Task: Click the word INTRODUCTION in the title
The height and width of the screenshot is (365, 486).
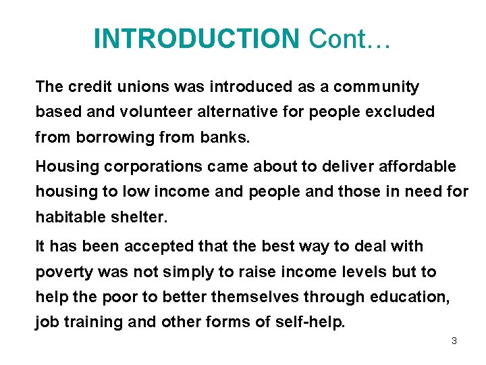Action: pos(196,39)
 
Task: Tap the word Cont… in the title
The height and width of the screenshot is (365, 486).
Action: pos(350,39)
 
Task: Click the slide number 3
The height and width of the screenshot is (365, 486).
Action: pos(454,341)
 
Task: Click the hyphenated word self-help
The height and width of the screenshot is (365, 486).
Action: pos(310,322)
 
